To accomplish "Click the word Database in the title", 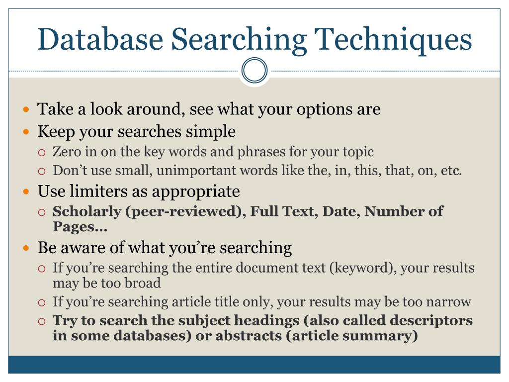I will pos(100,40).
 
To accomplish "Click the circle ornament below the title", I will pos(254,71).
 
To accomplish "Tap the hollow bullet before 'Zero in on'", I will pos(42,152).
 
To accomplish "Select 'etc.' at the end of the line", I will pos(451,171).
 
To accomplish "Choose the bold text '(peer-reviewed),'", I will pos(185,211).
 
